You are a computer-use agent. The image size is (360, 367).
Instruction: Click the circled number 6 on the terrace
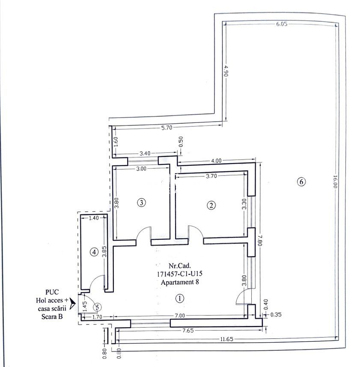[x=301, y=182]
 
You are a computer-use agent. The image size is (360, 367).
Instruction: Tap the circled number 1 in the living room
[x=180, y=298]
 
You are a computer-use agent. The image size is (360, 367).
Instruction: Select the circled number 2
[x=211, y=206]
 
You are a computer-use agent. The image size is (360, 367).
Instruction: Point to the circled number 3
[x=141, y=202]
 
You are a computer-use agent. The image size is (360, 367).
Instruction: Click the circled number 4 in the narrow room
[x=94, y=252]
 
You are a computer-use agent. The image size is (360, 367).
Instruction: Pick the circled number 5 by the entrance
[x=98, y=307]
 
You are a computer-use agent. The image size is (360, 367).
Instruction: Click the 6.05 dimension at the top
[x=281, y=24]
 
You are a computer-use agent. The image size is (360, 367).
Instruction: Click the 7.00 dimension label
[x=179, y=316]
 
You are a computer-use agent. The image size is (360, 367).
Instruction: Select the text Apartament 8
[x=180, y=282]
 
